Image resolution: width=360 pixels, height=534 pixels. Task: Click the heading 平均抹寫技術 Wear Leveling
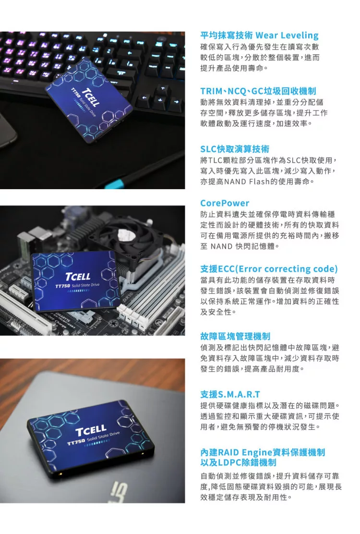pos(259,36)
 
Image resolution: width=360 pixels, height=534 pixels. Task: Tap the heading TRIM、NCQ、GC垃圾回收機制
pos(258,91)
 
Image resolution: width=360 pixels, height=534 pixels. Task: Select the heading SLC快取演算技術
pos(235,149)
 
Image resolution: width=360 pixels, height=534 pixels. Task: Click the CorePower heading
pos(225,203)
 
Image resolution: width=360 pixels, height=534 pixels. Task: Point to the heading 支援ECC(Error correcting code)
pos(269,269)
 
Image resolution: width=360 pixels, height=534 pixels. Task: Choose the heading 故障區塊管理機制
pos(235,337)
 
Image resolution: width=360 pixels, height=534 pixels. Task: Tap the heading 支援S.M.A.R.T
pos(230,394)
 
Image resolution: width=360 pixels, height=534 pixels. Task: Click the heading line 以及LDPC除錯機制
pos(238,462)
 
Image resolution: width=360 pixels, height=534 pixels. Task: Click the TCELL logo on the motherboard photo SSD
pos(78,276)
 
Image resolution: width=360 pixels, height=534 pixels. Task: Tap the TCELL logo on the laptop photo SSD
pos(91,430)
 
